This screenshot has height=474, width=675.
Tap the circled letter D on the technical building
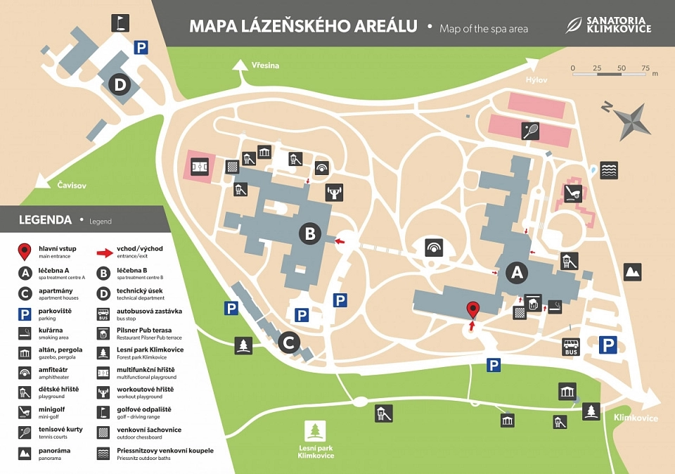click(120, 86)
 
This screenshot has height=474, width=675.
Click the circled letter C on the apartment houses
click(288, 343)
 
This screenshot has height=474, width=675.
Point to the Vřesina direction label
click(265, 65)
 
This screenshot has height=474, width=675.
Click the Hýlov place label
click(536, 80)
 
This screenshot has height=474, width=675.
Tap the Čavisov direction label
click(72, 185)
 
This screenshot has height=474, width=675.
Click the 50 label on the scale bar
click(622, 68)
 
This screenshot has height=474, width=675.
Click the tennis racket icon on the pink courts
click(530, 129)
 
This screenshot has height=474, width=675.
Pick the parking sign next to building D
click(141, 48)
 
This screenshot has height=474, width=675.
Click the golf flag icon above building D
click(121, 23)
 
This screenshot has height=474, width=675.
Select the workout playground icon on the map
click(334, 191)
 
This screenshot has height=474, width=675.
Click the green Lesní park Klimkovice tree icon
click(314, 430)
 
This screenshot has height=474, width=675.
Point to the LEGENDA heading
click(45, 220)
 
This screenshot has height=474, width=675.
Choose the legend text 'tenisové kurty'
click(60, 430)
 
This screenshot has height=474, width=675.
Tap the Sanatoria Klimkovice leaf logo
click(575, 25)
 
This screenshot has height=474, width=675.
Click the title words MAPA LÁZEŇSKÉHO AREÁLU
click(303, 27)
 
